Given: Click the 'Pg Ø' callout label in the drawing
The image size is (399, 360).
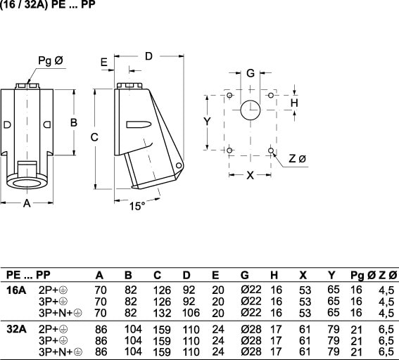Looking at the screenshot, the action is [x=51, y=60].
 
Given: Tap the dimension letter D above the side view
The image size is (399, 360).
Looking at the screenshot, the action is [x=148, y=56].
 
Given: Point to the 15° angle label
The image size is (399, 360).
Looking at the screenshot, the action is [x=137, y=206].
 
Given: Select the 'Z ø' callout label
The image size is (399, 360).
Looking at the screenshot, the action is [x=297, y=159].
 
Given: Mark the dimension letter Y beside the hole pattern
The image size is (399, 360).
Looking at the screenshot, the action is [x=208, y=122].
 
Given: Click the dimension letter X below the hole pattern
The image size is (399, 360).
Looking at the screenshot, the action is [x=251, y=175].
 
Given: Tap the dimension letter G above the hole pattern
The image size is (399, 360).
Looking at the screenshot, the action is [x=251, y=73].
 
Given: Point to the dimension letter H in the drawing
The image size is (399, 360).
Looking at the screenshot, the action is [x=294, y=103].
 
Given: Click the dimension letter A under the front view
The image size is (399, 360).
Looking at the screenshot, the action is [x=27, y=203].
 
